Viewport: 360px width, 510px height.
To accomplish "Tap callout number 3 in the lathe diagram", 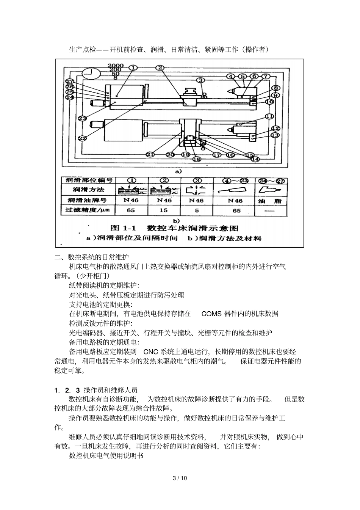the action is pyautogui.click(x=201, y=80).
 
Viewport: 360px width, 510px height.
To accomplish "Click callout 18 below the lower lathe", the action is pyautogui.click(x=197, y=159).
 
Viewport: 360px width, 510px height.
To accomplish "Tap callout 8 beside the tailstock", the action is pyautogui.click(x=275, y=88).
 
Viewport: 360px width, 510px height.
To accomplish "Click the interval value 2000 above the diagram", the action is pyautogui.click(x=115, y=66).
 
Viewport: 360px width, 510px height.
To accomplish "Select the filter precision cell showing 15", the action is pyautogui.click(x=164, y=210).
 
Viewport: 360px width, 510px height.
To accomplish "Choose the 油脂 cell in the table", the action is pyautogui.click(x=270, y=201).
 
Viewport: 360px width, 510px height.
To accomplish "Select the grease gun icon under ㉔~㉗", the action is pyautogui.click(x=270, y=189).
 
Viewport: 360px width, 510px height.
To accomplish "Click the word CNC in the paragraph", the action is pyautogui.click(x=150, y=352).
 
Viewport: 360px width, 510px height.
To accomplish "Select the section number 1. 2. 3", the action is pyautogui.click(x=67, y=390).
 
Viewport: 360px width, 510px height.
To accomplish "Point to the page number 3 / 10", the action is pyautogui.click(x=180, y=478).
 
